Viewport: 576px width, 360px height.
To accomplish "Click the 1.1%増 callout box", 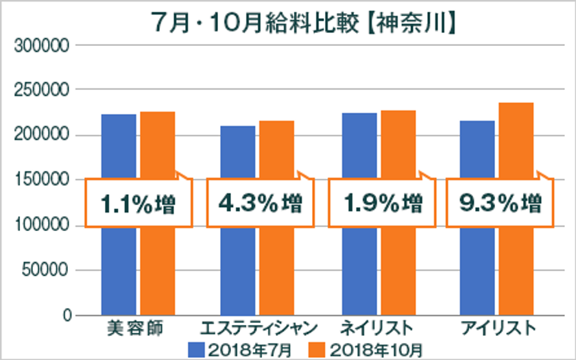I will click(x=137, y=203).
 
